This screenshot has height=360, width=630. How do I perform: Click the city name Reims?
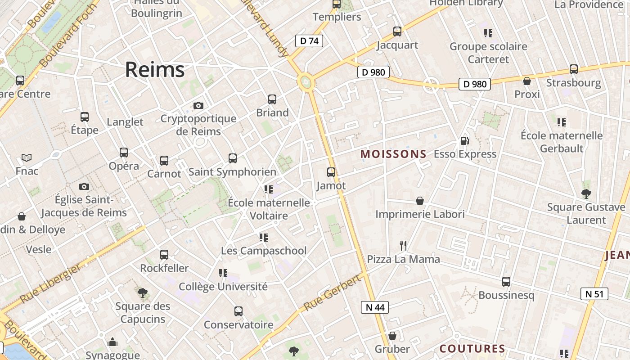click(x=154, y=70)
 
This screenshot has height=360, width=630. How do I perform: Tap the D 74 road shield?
click(x=309, y=41)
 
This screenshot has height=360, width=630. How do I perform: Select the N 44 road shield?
click(x=374, y=307)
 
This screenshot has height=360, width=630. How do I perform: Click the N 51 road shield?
click(x=594, y=294)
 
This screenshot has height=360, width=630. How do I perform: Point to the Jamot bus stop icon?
click(x=331, y=172)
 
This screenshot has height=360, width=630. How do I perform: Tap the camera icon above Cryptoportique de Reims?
click(x=198, y=106)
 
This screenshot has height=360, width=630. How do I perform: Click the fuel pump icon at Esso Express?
click(x=465, y=141)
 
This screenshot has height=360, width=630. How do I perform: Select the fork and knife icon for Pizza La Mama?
click(x=403, y=246)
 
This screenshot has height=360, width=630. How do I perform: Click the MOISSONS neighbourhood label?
click(x=393, y=154)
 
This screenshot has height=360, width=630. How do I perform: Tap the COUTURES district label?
click(x=472, y=349)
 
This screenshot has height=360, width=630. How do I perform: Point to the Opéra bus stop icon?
click(x=124, y=153)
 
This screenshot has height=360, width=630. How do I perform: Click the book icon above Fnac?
click(x=27, y=158)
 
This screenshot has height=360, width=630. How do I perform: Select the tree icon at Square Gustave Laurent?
click(x=586, y=194)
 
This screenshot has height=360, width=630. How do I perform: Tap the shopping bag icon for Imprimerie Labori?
click(x=420, y=201)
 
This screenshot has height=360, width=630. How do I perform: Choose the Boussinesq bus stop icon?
click(x=506, y=282)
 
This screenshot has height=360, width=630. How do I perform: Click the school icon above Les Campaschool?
click(x=263, y=237)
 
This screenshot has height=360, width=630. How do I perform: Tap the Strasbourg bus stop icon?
click(x=573, y=70)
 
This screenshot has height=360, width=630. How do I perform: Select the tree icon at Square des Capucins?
click(x=143, y=293)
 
